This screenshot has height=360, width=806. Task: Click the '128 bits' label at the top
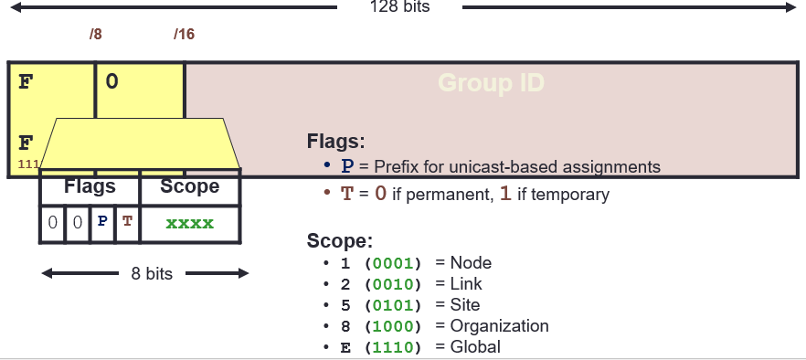[399, 7]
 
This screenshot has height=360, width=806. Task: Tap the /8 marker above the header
[95, 36]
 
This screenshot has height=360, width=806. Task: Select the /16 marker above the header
[184, 36]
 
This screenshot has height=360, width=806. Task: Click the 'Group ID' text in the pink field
[492, 84]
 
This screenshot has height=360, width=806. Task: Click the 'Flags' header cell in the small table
[90, 187]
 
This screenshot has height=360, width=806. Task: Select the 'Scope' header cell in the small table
[190, 187]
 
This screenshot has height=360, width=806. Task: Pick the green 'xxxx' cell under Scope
[190, 223]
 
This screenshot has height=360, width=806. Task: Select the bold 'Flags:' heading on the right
[335, 143]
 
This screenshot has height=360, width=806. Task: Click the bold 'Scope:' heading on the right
[340, 242]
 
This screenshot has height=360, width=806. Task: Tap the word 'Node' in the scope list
[471, 263]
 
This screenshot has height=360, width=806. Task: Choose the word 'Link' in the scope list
[466, 284]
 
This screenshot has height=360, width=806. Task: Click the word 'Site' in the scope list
[464, 305]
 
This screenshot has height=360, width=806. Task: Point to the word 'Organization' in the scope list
[499, 326]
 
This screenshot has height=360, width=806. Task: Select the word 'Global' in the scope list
[475, 347]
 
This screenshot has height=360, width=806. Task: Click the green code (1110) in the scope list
[393, 347]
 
